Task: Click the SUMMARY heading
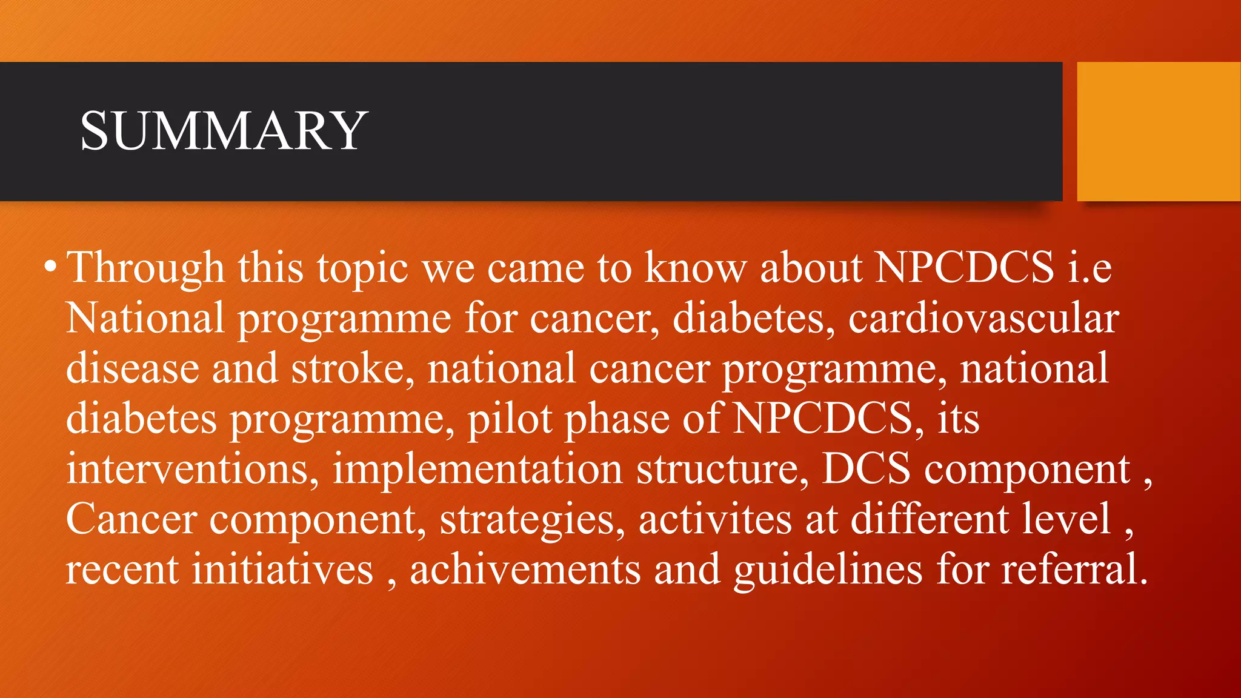click(224, 131)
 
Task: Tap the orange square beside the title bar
click(1158, 131)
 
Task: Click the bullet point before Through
click(51, 267)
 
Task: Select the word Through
click(145, 268)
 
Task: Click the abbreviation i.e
click(1090, 268)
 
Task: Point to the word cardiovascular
click(983, 319)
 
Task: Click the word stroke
click(353, 369)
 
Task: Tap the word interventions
click(192, 470)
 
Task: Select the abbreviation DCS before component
click(866, 470)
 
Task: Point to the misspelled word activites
click(714, 520)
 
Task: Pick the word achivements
click(525, 570)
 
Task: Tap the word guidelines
click(828, 570)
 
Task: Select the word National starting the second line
click(145, 319)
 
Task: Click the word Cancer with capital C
click(131, 520)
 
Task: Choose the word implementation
click(477, 470)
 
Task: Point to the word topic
click(362, 268)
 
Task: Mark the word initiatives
click(282, 570)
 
